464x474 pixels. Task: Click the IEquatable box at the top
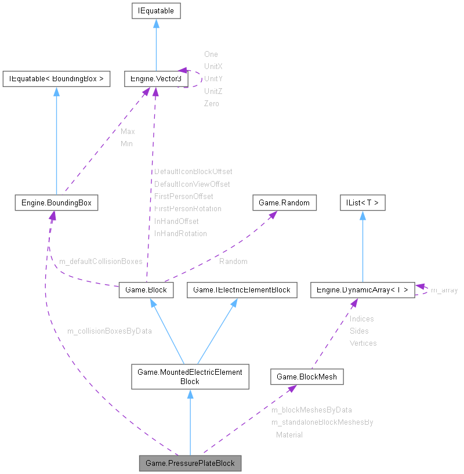tap(155, 10)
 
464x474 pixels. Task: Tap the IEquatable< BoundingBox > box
tap(56, 79)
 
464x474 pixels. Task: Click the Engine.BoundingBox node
tap(56, 202)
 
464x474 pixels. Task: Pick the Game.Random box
tap(285, 202)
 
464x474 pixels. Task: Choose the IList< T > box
tap(362, 202)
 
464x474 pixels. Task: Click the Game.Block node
tap(146, 290)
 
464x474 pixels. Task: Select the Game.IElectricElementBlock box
tap(242, 290)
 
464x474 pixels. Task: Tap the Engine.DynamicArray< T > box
tap(362, 290)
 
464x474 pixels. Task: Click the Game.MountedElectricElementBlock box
tap(190, 377)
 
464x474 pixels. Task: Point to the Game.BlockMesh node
tap(307, 377)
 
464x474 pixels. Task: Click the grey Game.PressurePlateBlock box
tap(190, 463)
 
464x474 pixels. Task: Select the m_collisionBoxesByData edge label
tap(109, 331)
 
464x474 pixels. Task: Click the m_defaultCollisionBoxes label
tap(101, 262)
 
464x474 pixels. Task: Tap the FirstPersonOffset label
tap(183, 197)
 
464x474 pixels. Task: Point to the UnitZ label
tap(213, 91)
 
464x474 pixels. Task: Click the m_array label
tap(444, 290)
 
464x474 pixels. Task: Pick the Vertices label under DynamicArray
tap(363, 343)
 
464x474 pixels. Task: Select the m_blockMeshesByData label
tap(311, 410)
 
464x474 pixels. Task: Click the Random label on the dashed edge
tap(233, 262)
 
